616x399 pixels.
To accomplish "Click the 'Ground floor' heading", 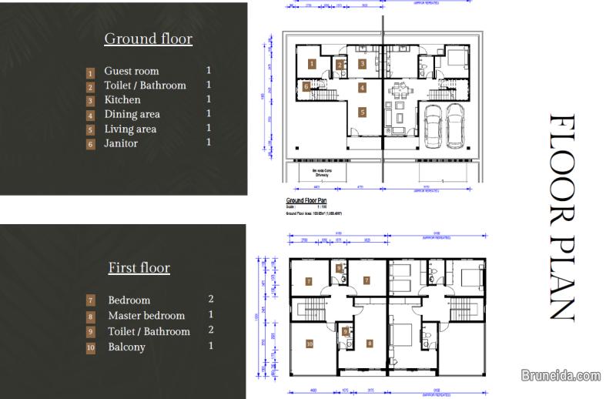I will tap(148, 39).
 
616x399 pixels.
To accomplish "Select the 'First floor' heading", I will tap(139, 268).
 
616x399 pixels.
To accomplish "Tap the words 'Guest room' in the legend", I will tap(131, 71).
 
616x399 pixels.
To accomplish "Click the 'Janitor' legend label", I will tap(121, 143).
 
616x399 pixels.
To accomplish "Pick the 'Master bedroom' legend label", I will tap(146, 315).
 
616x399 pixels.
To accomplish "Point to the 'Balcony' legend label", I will tap(126, 347).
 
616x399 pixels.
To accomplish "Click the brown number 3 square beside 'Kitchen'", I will tap(90, 101).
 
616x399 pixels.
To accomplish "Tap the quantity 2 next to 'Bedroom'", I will tap(212, 299).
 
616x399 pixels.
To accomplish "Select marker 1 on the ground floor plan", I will tap(312, 63).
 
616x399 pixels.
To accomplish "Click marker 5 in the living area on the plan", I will tap(361, 112).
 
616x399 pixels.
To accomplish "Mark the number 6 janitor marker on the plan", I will tap(306, 87).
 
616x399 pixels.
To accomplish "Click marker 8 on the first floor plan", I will tap(369, 343).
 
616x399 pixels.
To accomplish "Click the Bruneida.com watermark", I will tap(561, 376).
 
